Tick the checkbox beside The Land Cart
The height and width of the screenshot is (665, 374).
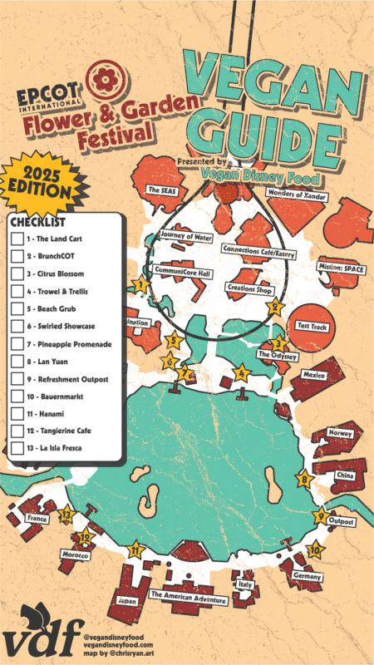click(x=17, y=239)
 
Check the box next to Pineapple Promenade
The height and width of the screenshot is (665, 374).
click(x=17, y=343)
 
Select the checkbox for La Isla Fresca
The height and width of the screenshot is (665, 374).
click(x=17, y=449)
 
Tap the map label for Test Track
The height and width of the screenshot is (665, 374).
click(x=313, y=327)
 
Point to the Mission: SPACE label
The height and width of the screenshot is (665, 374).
click(x=341, y=268)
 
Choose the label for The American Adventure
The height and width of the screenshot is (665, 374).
click(x=188, y=596)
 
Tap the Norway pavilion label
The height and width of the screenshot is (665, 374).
click(x=341, y=433)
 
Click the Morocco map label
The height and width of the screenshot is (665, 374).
click(x=75, y=554)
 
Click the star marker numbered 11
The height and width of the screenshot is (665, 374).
click(x=135, y=549)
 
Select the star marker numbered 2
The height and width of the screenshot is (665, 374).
click(x=274, y=307)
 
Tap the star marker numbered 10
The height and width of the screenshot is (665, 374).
click(x=314, y=549)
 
